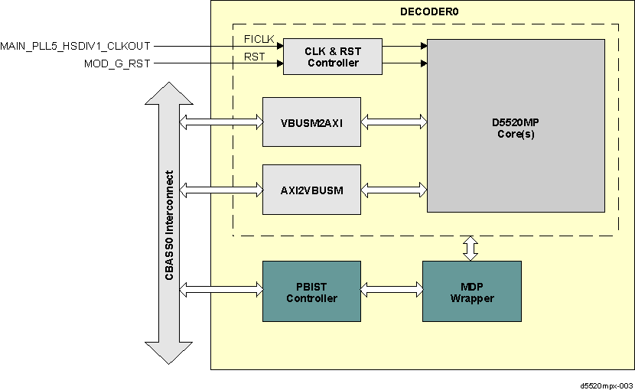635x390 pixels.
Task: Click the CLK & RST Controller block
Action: (333, 57)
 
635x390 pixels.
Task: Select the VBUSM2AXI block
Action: (311, 122)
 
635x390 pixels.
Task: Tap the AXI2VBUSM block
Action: (311, 189)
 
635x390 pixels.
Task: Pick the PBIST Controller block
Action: (311, 292)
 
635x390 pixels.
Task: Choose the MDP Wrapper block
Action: (471, 292)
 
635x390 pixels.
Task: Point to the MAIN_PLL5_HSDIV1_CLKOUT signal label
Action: (75, 46)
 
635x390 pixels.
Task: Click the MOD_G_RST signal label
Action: (117, 63)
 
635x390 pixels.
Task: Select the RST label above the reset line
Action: (254, 57)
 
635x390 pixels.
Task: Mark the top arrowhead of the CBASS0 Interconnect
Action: (168, 94)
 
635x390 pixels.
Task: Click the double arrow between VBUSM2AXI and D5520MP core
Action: (393, 121)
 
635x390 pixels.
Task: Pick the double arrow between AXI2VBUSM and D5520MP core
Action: (393, 188)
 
